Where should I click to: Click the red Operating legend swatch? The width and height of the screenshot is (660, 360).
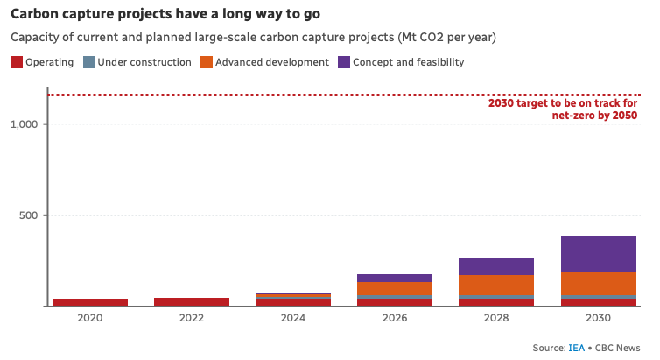tap(16, 62)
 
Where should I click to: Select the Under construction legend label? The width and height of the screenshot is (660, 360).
tap(144, 62)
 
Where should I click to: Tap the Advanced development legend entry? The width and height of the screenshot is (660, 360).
tap(271, 62)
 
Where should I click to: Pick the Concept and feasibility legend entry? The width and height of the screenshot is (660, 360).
tap(408, 62)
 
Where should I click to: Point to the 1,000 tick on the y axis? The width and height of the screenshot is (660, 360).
tap(24, 124)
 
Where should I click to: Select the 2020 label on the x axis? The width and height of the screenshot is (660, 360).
tap(89, 318)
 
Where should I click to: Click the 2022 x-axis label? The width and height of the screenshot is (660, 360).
tap(191, 318)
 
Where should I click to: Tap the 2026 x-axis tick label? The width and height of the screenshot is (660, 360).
tap(394, 318)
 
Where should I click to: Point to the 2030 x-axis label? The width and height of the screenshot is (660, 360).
tap(598, 318)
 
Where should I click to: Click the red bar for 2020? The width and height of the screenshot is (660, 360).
tap(89, 302)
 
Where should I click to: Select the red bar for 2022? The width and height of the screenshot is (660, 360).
tap(191, 301)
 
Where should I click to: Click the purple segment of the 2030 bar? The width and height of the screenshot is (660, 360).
tap(598, 254)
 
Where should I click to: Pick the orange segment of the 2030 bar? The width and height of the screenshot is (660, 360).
tap(598, 284)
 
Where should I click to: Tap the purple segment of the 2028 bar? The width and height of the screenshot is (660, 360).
tap(496, 266)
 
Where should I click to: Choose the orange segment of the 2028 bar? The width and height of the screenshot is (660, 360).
tap(496, 286)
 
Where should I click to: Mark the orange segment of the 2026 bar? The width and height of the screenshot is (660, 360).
tap(394, 289)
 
